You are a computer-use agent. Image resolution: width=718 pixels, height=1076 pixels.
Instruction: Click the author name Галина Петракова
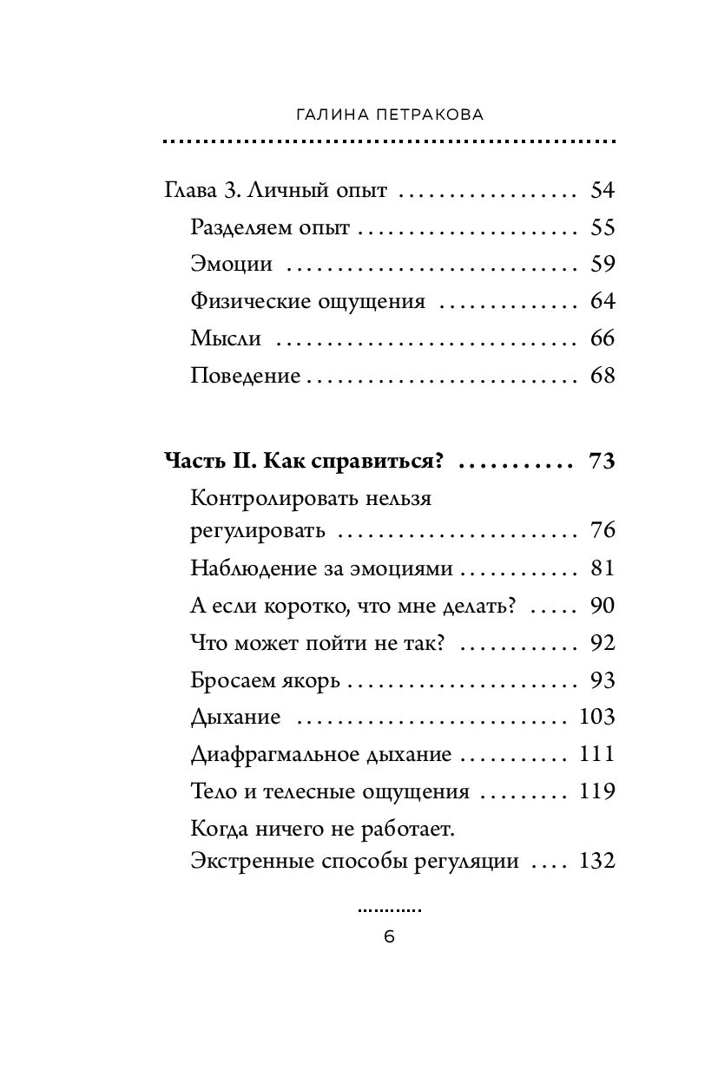coord(388,114)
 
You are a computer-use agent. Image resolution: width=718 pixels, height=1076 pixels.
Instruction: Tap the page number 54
coord(601,190)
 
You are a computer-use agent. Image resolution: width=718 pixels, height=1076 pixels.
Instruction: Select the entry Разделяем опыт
coord(269,227)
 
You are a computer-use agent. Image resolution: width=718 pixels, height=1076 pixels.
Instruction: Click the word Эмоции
coord(231,265)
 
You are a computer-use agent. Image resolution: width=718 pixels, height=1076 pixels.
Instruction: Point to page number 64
coord(601,301)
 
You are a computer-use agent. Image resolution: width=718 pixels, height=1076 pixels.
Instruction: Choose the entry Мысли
coord(226,338)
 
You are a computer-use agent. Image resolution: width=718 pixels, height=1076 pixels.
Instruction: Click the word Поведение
coord(246,376)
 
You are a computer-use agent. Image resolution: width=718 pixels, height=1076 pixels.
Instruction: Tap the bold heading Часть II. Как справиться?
coord(304,461)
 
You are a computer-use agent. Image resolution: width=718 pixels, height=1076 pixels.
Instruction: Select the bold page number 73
coord(601,461)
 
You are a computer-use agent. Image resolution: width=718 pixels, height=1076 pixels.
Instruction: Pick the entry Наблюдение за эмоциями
coord(321,568)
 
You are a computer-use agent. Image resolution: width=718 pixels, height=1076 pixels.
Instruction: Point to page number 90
coord(601,605)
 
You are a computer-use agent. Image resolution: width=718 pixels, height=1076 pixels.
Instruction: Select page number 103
coord(596,717)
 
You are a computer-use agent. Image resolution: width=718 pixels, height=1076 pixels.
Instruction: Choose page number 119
coord(596,791)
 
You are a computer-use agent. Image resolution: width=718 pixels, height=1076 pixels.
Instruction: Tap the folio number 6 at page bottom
coord(389,936)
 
